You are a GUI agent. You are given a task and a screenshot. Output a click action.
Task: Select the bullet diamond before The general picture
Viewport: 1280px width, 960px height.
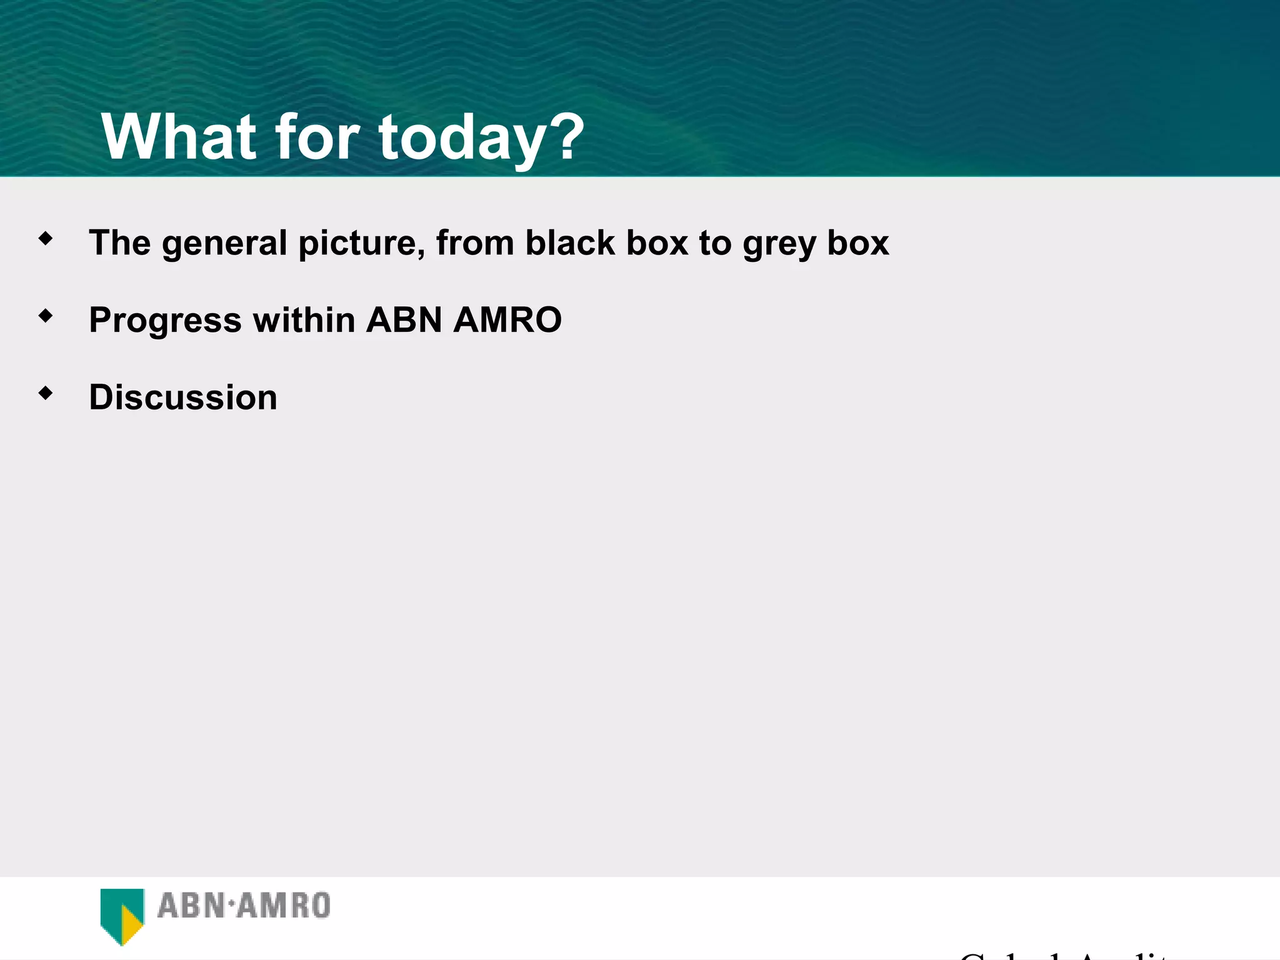pyautogui.click(x=46, y=238)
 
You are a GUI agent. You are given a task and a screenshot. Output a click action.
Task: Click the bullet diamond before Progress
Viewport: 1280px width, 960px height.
pyautogui.click(x=46, y=316)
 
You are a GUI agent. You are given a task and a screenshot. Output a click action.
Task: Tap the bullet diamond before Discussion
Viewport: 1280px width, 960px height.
pyautogui.click(x=46, y=393)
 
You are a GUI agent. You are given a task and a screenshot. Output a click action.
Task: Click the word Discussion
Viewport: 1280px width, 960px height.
pyautogui.click(x=183, y=397)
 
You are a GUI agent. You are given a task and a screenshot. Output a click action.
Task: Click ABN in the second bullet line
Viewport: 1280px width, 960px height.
pyautogui.click(x=404, y=320)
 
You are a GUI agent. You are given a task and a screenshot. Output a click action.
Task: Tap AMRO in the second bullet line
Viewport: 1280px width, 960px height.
pyautogui.click(x=507, y=320)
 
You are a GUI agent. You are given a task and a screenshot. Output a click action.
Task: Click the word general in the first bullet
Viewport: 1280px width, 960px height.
pyautogui.click(x=224, y=244)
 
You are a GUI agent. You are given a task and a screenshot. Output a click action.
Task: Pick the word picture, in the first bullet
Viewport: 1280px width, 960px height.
pyautogui.click(x=362, y=244)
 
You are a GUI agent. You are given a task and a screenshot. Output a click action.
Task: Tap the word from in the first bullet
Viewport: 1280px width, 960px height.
pyautogui.click(x=475, y=242)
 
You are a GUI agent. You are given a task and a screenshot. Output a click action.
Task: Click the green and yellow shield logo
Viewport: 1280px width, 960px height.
pyautogui.click(x=122, y=915)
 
